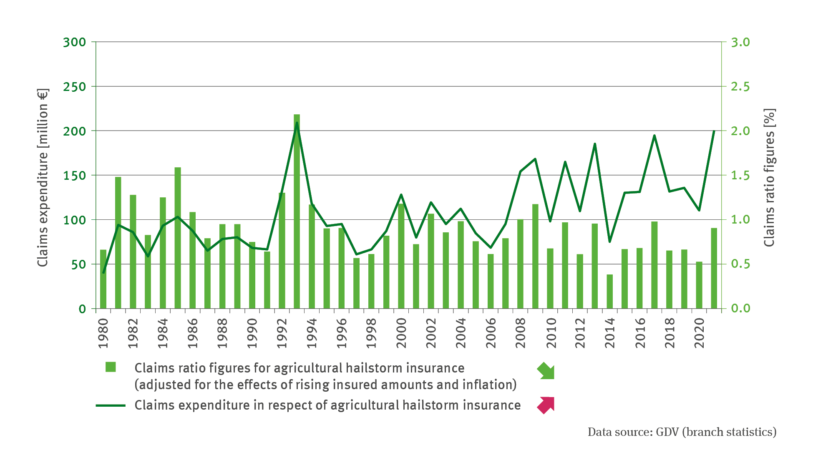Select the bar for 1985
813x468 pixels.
pyautogui.click(x=178, y=238)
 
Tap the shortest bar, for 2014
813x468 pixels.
pyautogui.click(x=610, y=292)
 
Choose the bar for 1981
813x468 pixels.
pyautogui.click(x=118, y=243)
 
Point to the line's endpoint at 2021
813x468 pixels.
pyautogui.click(x=714, y=131)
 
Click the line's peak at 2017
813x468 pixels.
pyautogui.click(x=654, y=136)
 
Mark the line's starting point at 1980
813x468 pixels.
pyautogui.click(x=103, y=273)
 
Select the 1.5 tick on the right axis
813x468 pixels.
pyautogui.click(x=740, y=176)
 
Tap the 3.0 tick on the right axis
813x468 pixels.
pyautogui.click(x=740, y=42)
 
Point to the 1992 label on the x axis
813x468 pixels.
pyautogui.click(x=282, y=333)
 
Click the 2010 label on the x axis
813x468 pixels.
pyautogui.click(x=551, y=333)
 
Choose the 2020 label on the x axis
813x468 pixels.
pyautogui.click(x=700, y=333)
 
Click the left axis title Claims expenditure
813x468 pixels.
pyautogui.click(x=43, y=177)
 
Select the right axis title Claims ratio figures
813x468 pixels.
pyautogui.click(x=769, y=177)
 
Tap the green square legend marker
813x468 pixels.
pyautogui.click(x=111, y=367)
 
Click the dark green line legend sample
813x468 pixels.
pyautogui.click(x=111, y=405)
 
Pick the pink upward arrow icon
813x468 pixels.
pyautogui.click(x=546, y=405)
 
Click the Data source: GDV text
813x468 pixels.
pyautogui.click(x=682, y=432)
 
